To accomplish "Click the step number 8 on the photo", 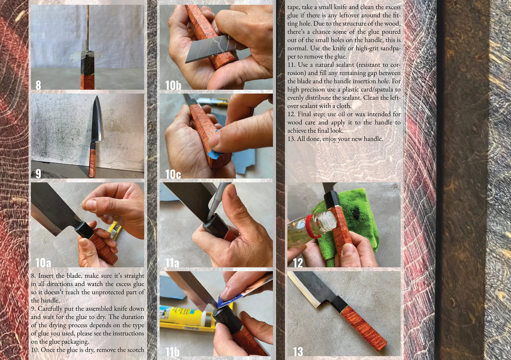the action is coord(38,85).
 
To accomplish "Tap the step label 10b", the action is coord(173,85).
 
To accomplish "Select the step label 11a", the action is coord(172,262).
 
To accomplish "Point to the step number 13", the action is coord(298,352).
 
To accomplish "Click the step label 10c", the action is coord(173,174).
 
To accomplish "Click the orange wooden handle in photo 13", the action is coord(363,327).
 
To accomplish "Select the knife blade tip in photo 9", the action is coord(97,97).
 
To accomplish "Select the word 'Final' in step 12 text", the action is coord(304,114).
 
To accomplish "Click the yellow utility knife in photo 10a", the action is coord(115,230).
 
